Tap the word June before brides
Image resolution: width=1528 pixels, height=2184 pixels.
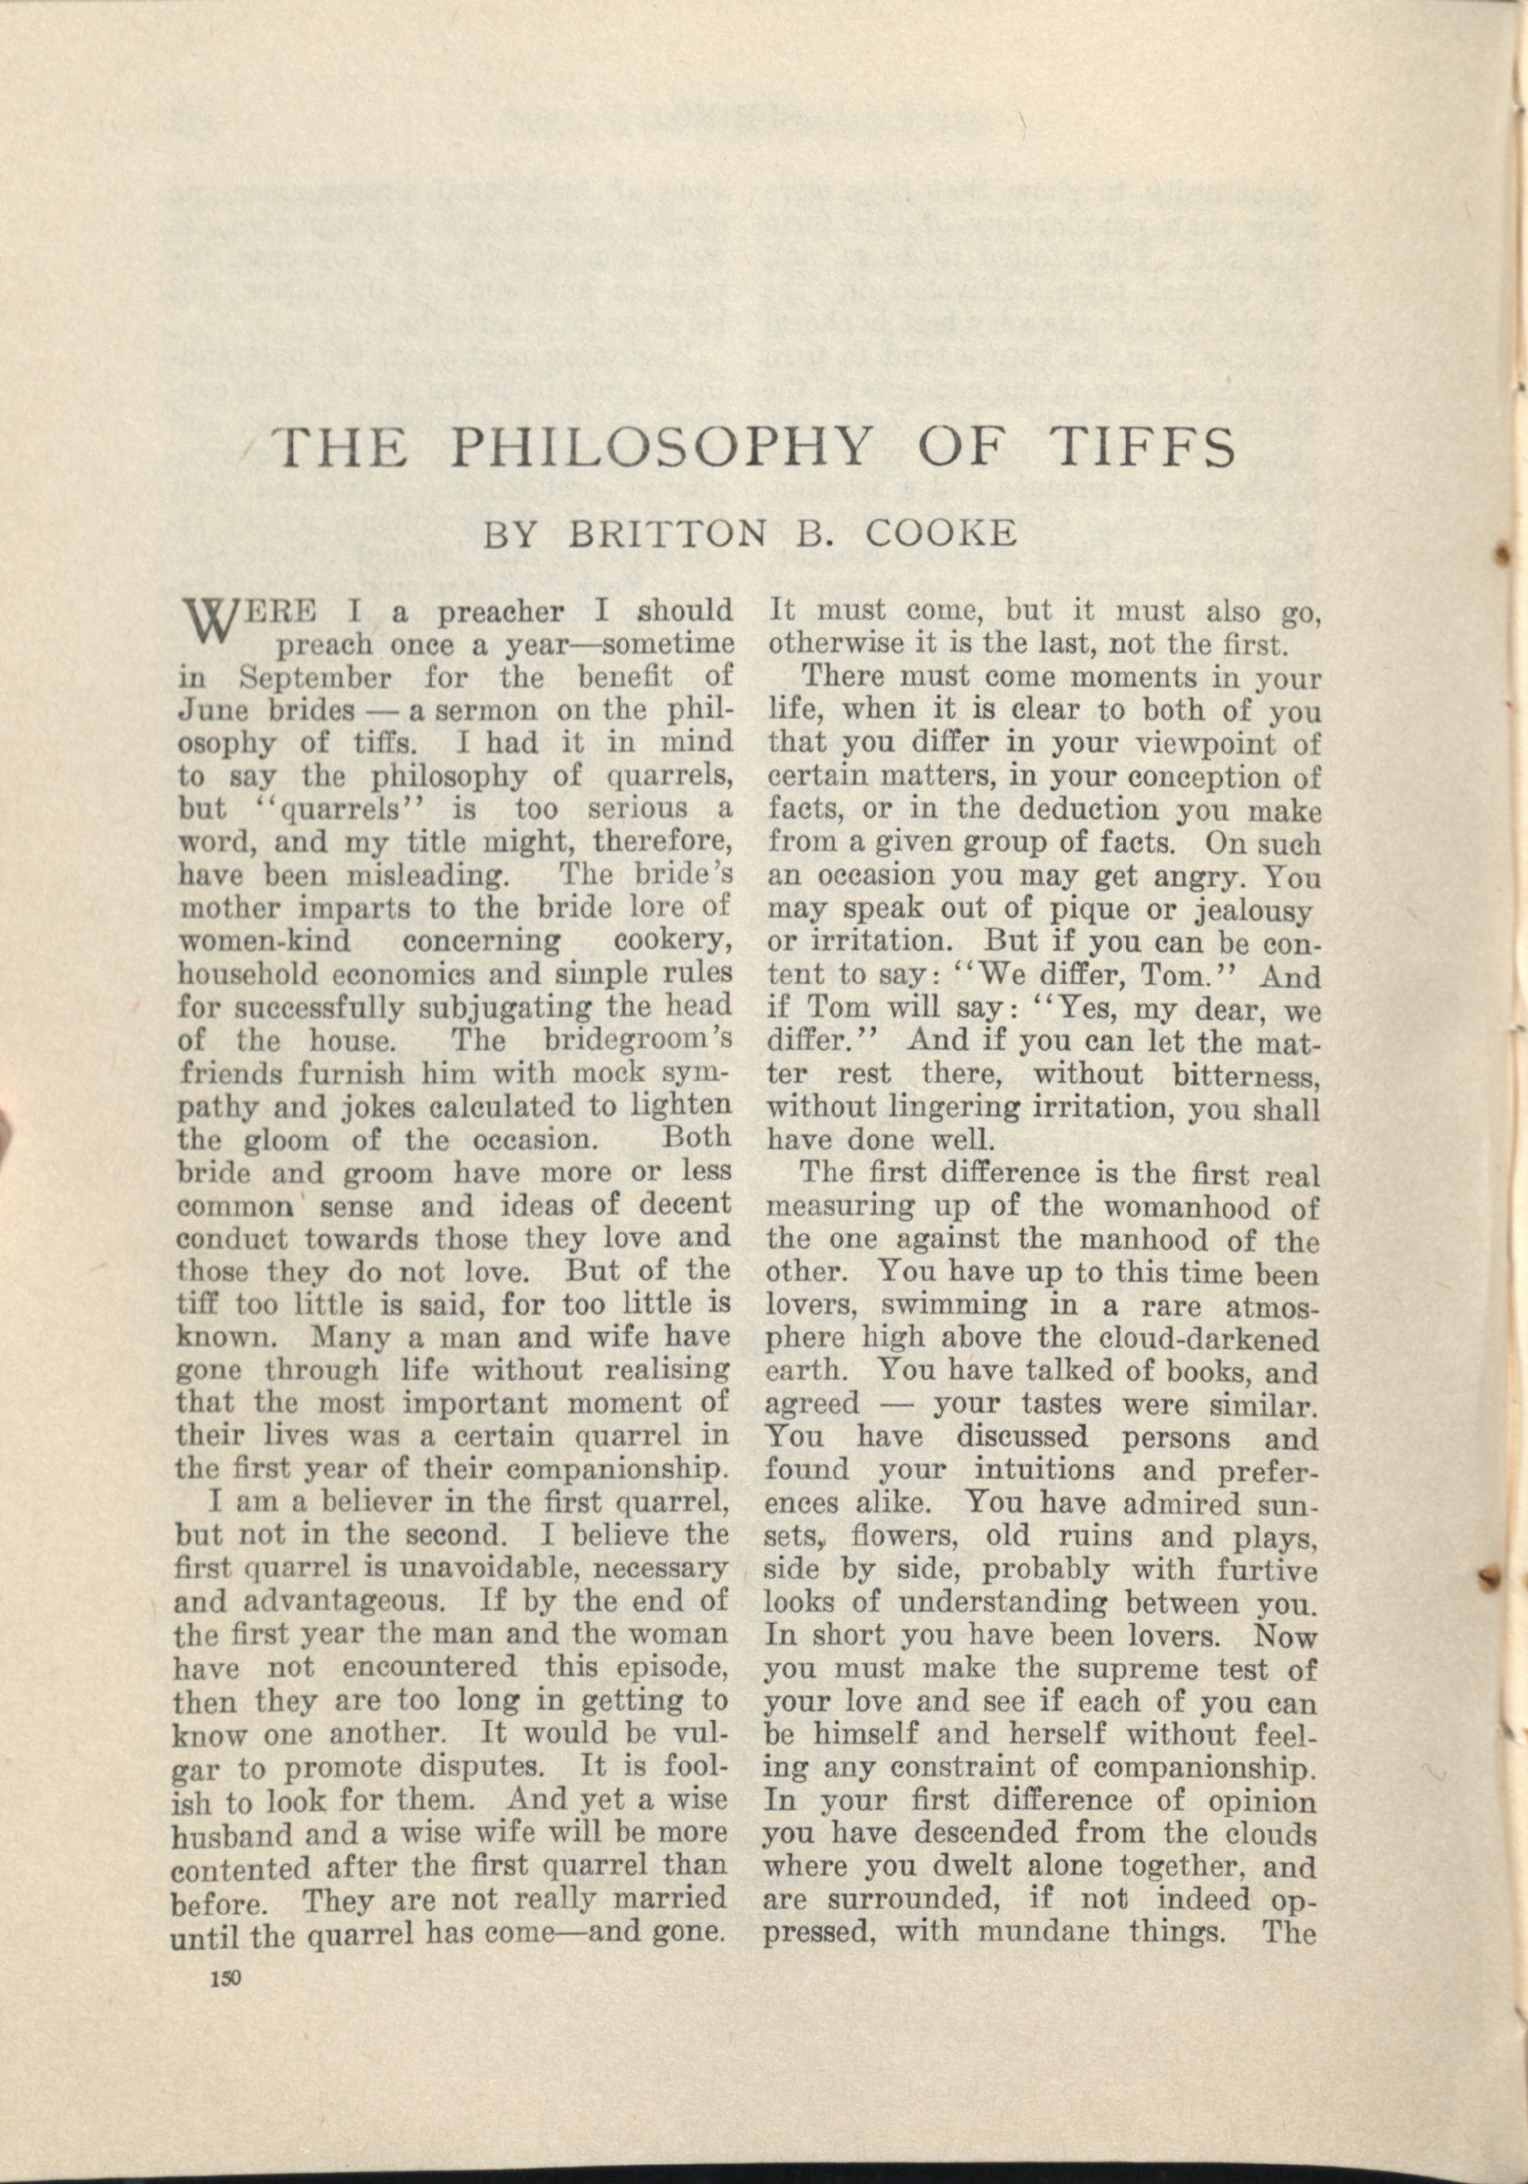pyautogui.click(x=209, y=712)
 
